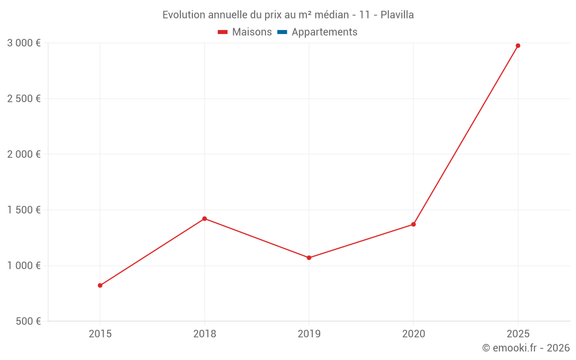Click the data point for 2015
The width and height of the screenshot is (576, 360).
tap(100, 285)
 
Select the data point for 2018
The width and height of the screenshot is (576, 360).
tap(204, 218)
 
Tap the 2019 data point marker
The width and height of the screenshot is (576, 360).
tap(309, 257)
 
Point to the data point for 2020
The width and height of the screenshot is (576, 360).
tap(414, 224)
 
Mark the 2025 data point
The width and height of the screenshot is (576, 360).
tap(518, 46)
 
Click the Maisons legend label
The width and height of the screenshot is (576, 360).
tap(252, 32)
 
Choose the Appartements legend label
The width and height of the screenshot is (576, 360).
tap(324, 32)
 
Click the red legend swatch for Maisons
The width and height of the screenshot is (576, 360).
tap(223, 32)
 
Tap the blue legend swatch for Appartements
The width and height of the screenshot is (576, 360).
tap(282, 32)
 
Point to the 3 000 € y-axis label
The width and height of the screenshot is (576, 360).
tap(24, 43)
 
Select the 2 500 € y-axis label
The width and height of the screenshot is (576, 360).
tap(24, 98)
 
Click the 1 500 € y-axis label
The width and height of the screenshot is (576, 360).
tap(24, 210)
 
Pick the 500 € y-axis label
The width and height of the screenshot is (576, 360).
tap(27, 321)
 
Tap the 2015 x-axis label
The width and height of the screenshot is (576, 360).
tap(100, 334)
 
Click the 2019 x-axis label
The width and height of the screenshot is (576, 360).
tap(309, 334)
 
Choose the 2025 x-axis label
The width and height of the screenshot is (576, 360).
tap(518, 334)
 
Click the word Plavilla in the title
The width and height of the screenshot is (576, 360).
tap(397, 15)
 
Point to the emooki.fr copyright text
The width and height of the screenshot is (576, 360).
tap(525, 348)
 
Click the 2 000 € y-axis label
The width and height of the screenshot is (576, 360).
tap(24, 154)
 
